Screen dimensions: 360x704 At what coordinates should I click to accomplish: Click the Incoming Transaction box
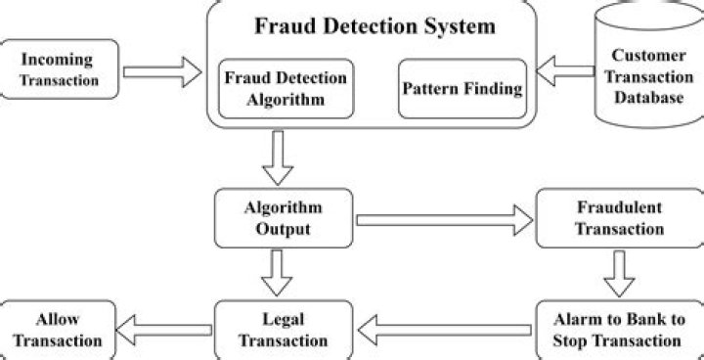coord(61,68)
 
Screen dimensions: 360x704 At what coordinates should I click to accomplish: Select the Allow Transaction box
coord(56,330)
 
